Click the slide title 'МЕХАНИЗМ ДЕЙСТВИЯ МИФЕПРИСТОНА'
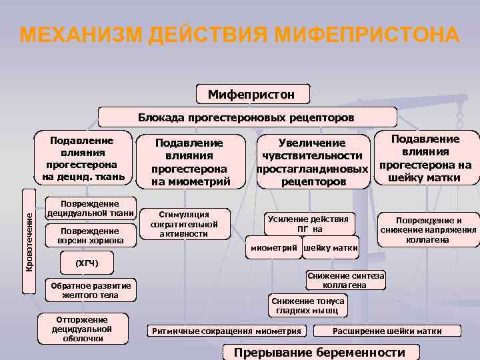[239, 35]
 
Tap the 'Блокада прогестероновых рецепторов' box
[246, 118]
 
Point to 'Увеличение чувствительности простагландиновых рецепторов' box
[313, 162]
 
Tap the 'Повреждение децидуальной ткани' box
[90, 209]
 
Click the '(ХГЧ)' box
[87, 263]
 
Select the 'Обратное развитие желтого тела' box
[90, 290]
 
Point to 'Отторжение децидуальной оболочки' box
[82, 328]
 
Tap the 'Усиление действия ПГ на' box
[308, 224]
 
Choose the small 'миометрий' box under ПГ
[274, 249]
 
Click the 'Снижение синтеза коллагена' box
[346, 280]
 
